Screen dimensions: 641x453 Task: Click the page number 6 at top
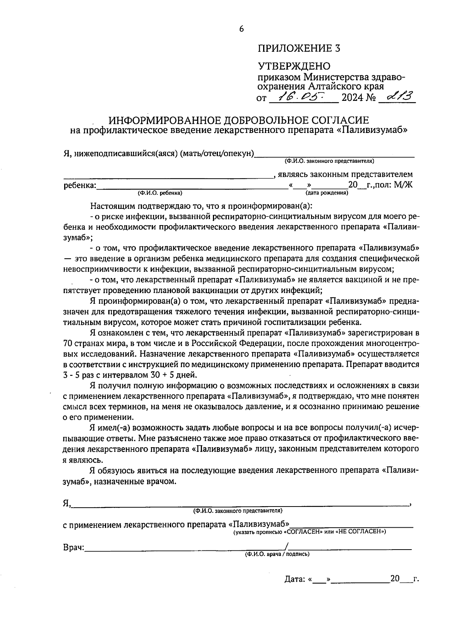242,29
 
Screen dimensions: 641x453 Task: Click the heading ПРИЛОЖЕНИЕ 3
299,48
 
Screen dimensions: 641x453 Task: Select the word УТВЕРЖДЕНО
294,66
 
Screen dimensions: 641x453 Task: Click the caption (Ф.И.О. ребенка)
160,193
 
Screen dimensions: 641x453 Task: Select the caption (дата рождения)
327,193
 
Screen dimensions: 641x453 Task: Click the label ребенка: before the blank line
80,185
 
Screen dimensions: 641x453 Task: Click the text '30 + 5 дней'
173,375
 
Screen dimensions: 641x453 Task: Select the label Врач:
74,548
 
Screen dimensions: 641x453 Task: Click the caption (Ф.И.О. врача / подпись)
277,554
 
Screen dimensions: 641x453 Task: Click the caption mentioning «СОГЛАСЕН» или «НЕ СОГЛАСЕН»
310,532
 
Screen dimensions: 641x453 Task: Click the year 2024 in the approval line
352,98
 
